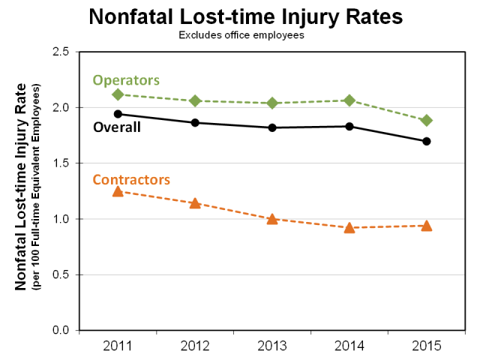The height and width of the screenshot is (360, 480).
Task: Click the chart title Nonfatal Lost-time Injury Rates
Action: pos(246,16)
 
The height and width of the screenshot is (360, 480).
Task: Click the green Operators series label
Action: pos(126,79)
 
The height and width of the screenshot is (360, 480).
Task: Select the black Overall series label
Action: pos(116,127)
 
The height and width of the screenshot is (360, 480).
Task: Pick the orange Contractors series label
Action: pos(131,179)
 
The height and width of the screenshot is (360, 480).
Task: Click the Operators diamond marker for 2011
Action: pos(118,94)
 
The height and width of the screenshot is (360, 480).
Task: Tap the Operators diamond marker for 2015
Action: pos(426,120)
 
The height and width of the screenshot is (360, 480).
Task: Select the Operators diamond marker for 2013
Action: pos(272,103)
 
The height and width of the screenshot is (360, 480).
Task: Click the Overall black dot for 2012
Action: pos(195,122)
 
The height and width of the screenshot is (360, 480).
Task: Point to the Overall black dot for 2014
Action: pos(349,126)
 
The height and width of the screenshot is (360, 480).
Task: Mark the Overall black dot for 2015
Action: pos(426,141)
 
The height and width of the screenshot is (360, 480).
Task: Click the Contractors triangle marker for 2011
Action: pos(118,191)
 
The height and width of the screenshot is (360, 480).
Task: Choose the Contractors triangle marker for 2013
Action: pos(272,219)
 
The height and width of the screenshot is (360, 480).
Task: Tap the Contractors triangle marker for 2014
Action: pos(349,227)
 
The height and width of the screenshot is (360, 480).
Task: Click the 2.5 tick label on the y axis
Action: pos(60,52)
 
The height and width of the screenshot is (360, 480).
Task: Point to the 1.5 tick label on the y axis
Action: pos(60,163)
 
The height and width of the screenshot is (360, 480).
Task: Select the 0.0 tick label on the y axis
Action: pos(60,331)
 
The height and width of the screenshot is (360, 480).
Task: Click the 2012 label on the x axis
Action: pos(195,346)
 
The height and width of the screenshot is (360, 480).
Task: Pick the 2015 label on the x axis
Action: pos(426,346)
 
